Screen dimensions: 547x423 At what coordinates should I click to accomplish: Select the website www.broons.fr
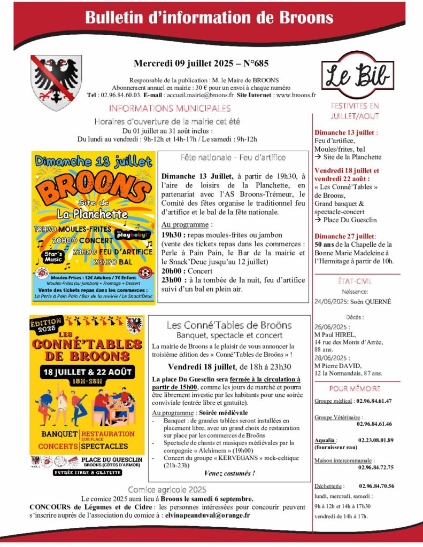(x=296, y=95)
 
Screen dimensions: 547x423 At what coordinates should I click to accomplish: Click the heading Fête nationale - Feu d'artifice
(x=233, y=158)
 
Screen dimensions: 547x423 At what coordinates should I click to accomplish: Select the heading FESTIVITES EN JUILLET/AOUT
(x=355, y=111)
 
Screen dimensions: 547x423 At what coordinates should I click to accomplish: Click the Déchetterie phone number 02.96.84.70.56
(x=377, y=486)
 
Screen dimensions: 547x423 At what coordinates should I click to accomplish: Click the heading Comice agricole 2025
(x=167, y=489)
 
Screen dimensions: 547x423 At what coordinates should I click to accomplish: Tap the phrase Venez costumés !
(x=229, y=473)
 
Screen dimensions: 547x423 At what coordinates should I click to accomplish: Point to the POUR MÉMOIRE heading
(x=355, y=388)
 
